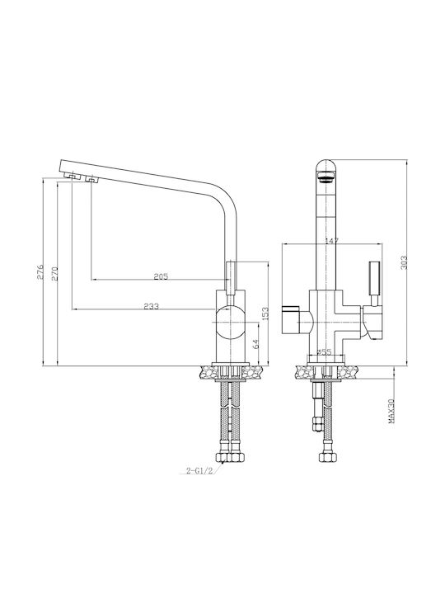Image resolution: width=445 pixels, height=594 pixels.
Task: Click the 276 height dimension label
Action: tap(40, 272)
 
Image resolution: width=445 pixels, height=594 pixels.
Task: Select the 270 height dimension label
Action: tap(54, 274)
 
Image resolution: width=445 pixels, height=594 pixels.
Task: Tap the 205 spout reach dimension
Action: tap(161, 276)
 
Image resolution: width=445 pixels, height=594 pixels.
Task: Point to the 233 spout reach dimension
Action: tap(152, 306)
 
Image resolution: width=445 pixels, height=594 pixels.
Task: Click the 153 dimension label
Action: tap(265, 314)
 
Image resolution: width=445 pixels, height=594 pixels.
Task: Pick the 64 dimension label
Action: tap(255, 344)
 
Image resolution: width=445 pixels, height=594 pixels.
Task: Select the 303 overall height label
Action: tap(404, 262)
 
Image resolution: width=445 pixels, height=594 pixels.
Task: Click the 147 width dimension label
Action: tap(332, 241)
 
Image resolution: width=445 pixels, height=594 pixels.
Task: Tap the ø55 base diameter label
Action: tap(324, 352)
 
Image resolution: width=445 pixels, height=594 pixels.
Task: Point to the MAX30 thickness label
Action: tap(391, 411)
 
